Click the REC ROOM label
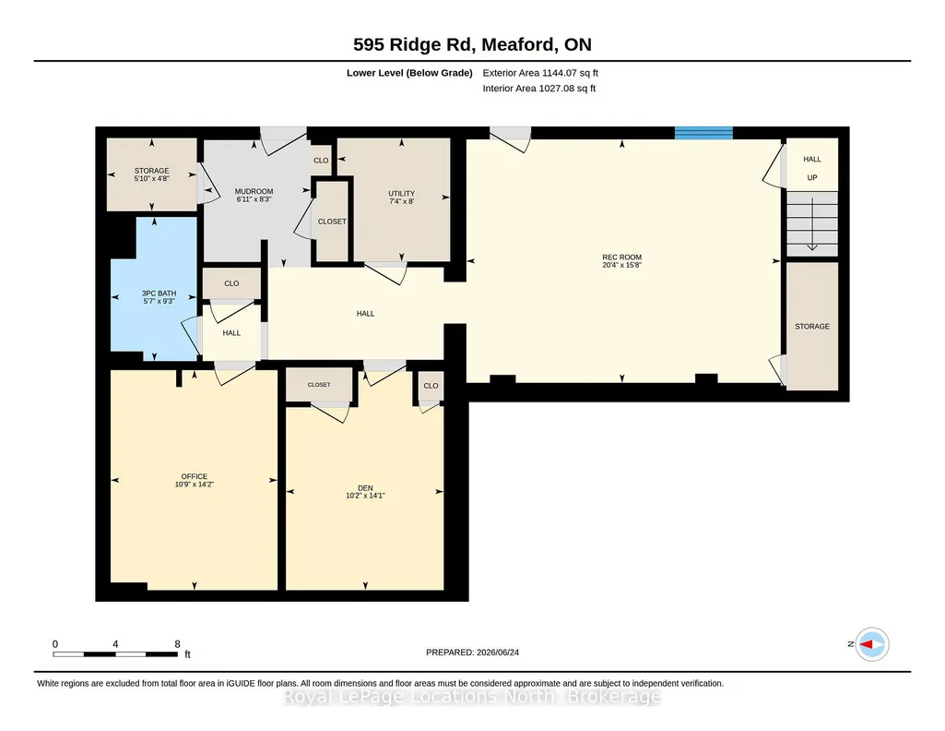(622, 257)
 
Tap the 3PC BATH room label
(159, 294)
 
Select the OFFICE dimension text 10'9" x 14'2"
(194, 485)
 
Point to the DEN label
(365, 488)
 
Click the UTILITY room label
(401, 194)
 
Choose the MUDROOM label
(254, 191)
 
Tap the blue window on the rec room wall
(703, 133)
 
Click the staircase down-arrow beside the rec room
(812, 223)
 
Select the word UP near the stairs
(812, 178)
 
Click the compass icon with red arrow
(872, 644)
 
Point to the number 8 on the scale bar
(177, 643)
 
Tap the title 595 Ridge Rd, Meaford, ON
(472, 44)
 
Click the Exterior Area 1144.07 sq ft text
(540, 73)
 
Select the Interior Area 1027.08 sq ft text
(538, 88)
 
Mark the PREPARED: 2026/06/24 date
(472, 652)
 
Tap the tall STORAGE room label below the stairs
(812, 327)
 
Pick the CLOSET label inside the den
(319, 384)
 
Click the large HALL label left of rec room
(365, 314)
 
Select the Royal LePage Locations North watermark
(472, 697)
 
